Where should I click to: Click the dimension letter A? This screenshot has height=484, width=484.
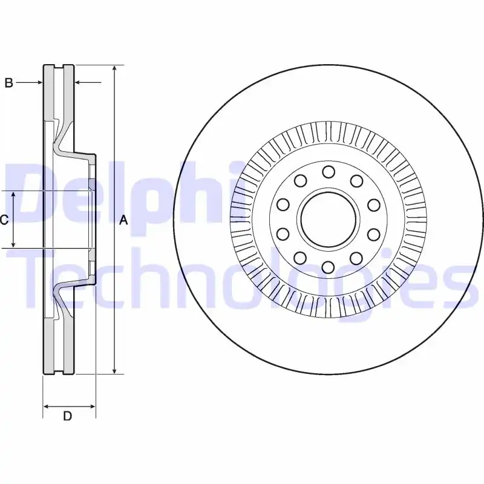click(x=123, y=220)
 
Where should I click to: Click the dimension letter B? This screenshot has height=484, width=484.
click(x=9, y=82)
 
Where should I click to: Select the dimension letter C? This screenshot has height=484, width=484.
click(x=4, y=220)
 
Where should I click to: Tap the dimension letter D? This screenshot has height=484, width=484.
click(x=67, y=416)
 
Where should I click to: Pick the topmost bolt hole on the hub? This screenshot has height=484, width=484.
click(x=329, y=172)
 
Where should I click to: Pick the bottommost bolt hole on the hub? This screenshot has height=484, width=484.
click(x=329, y=267)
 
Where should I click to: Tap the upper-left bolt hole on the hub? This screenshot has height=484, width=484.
click(x=300, y=181)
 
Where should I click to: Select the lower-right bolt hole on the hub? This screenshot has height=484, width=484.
click(x=356, y=258)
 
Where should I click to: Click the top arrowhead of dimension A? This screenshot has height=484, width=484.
click(x=114, y=69)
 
